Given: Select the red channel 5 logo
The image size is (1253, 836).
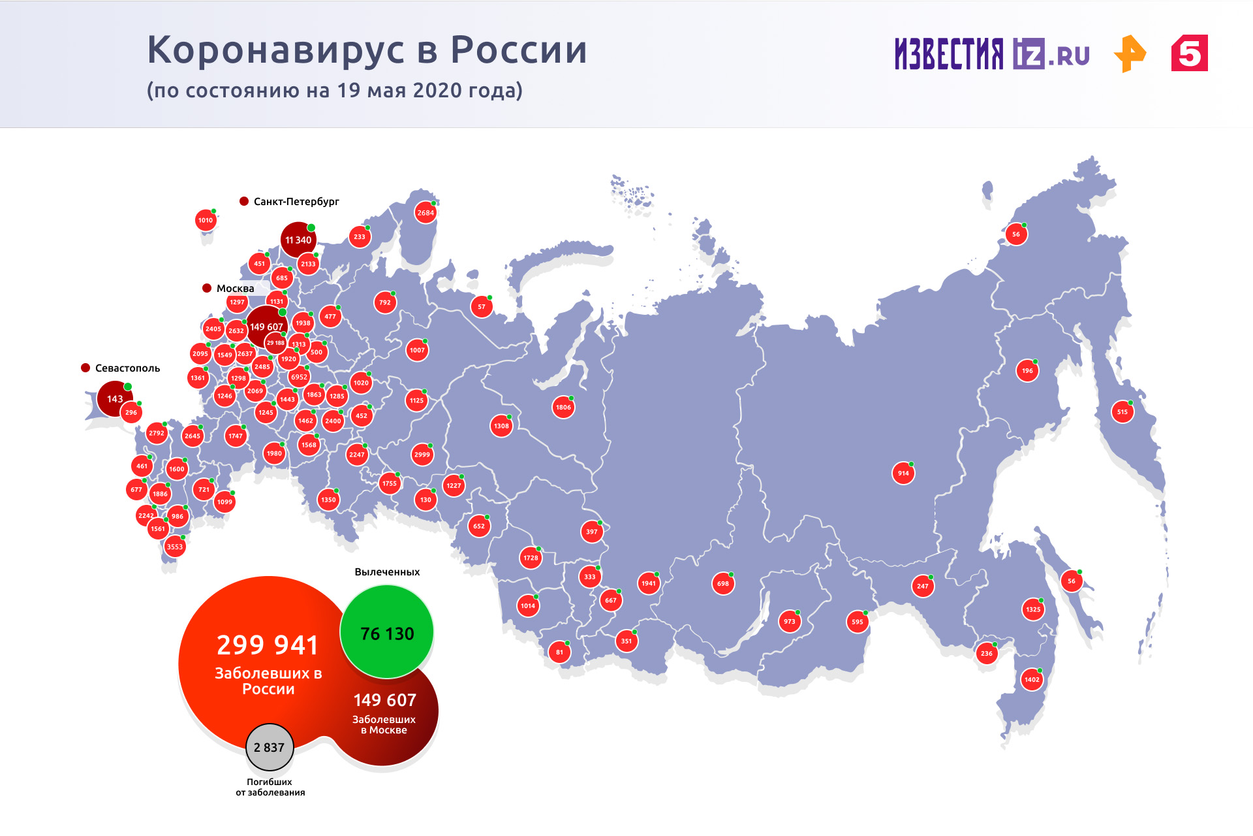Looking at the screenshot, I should point(1189,54).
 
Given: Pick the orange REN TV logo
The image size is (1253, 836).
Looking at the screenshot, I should point(1130,54).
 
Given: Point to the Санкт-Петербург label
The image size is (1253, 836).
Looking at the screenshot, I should point(296,201).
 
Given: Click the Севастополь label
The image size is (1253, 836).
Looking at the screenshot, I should point(127,368).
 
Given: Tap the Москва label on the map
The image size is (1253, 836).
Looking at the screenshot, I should point(235,289).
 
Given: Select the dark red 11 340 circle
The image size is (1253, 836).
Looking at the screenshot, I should point(298,240).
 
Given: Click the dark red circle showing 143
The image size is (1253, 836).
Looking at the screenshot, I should point(115,398).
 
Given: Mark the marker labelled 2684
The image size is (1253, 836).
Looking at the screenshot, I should point(425,213).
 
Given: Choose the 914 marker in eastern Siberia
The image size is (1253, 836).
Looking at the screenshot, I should point(903,474).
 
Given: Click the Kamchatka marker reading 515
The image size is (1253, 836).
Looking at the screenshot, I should point(1122,412).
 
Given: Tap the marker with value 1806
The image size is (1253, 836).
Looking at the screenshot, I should point(563,408).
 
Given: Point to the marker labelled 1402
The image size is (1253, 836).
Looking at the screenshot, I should point(1032,680).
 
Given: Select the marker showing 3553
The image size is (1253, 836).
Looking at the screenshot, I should point(174,547).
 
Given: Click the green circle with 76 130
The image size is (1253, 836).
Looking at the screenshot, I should point(387,633).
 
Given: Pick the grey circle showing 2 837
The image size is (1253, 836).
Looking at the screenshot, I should point(270,747).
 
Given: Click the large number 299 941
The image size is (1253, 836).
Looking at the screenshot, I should point(268,645).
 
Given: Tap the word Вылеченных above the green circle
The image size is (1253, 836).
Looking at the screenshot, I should point(387,572).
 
